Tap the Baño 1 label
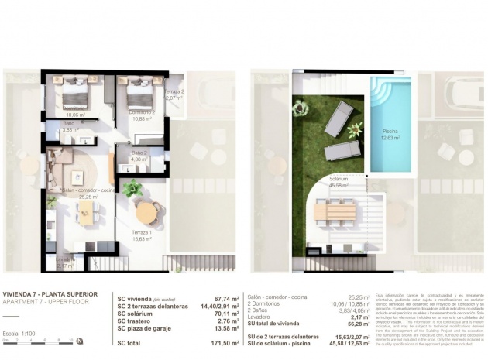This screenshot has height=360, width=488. click(x=72, y=127)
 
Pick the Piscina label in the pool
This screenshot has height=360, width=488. click(x=390, y=135)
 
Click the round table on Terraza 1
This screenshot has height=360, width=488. click(x=146, y=212)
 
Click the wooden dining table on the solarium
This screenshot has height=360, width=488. click(x=335, y=211)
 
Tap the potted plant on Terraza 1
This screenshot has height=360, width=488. click(x=132, y=187)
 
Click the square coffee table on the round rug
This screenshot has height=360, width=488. click(x=77, y=177)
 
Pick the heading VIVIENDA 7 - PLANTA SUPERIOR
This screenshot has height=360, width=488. click(x=50, y=294)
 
